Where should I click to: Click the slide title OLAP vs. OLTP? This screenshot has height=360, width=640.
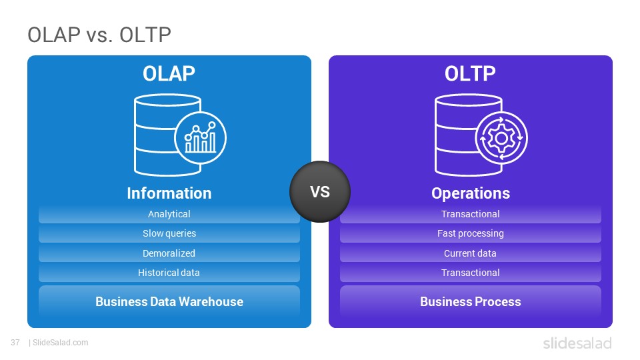coord(99,35)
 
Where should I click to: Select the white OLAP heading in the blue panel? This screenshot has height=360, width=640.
coord(169,74)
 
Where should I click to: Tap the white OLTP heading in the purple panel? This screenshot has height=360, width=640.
coord(470,74)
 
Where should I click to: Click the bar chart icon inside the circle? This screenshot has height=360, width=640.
coord(201,137)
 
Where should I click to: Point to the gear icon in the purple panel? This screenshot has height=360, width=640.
coord(501,139)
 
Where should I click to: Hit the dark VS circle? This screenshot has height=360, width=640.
coord(320,191)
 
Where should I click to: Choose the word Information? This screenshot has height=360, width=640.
coord(169,193)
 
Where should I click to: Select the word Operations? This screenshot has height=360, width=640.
coord(471,193)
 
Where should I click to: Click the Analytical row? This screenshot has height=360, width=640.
coord(169,214)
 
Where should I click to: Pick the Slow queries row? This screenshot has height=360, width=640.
coord(169,233)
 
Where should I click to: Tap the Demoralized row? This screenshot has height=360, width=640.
coord(169,253)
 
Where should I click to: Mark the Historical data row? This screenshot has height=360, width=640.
coord(169,273)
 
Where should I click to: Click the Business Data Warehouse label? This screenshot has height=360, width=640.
coord(169,301)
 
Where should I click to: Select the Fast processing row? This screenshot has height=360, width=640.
coord(471,233)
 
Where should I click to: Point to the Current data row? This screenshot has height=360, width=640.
coord(471,253)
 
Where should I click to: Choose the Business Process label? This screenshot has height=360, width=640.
coord(471,301)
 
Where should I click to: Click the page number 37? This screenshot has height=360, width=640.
coord(15,343)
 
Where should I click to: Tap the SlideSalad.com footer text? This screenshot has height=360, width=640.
coord(60,343)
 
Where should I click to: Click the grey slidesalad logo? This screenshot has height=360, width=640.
coord(577,343)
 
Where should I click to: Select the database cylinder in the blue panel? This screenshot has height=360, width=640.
coord(167,135)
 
